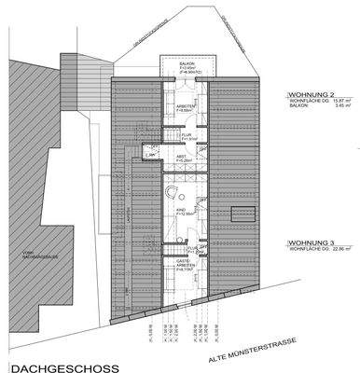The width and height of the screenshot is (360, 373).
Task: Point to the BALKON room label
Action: pyautogui.click(x=187, y=63)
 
